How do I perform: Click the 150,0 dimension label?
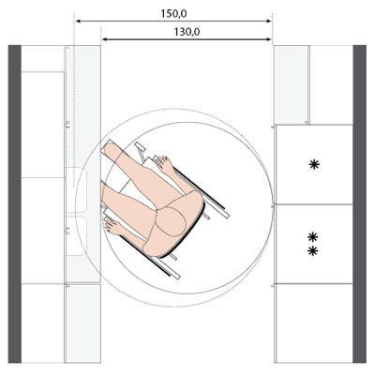[x=173, y=14]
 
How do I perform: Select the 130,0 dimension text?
[x=187, y=32]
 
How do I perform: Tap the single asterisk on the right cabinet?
[x=314, y=164]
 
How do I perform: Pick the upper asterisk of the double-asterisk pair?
[x=313, y=237]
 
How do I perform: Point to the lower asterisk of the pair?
[x=313, y=251]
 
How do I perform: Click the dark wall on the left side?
[x=14, y=204]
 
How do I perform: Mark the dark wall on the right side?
[x=360, y=204]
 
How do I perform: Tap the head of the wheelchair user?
[x=171, y=221]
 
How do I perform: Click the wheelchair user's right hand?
[x=163, y=164]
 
